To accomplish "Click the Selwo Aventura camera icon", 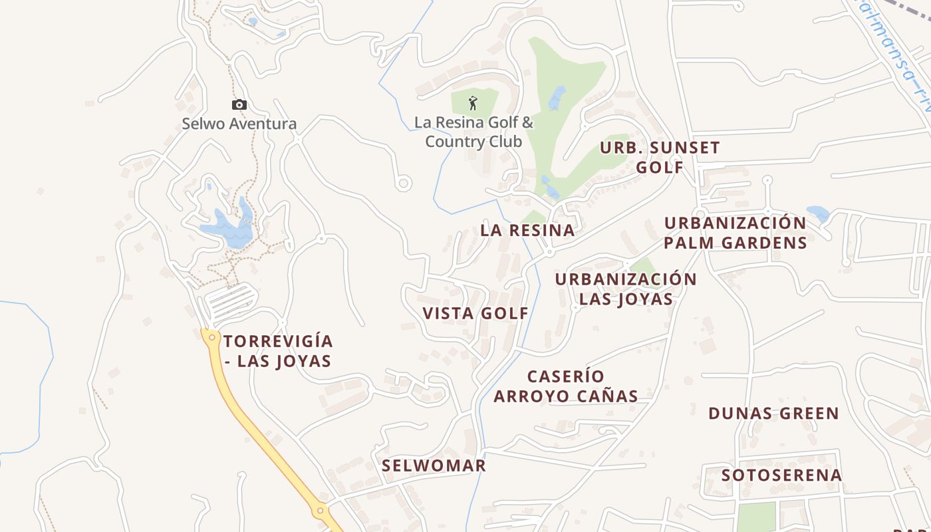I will (239, 104).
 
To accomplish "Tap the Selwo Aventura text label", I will (239, 124).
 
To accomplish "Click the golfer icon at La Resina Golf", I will (473, 103).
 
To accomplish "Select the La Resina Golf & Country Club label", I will (473, 132).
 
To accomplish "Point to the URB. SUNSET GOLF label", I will (660, 157).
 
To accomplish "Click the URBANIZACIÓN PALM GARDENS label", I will (735, 232).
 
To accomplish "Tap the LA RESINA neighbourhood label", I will (527, 231).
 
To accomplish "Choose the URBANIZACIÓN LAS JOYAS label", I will (626, 289).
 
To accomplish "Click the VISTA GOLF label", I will (475, 313).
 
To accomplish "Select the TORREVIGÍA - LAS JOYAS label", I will (278, 351).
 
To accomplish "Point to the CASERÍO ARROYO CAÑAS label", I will (566, 386).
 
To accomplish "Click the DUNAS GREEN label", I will (773, 414).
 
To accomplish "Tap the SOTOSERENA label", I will (781, 475).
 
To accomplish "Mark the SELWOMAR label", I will (434, 465).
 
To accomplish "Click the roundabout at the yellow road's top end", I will (211, 337).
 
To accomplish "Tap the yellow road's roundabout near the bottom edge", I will (320, 511).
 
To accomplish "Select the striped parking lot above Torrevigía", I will (229, 301).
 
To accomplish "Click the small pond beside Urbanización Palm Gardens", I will (817, 213).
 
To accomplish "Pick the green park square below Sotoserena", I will (756, 517).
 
